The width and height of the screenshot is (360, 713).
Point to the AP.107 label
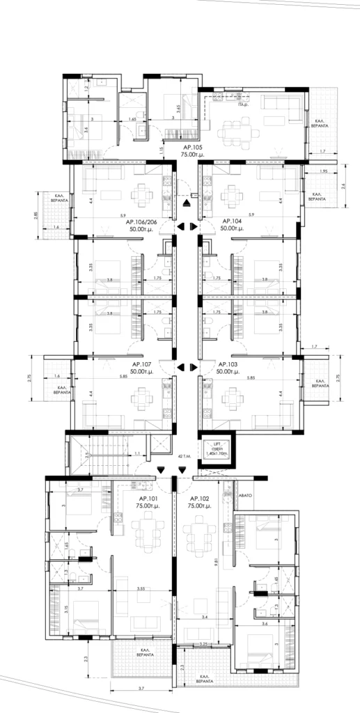click(142, 364)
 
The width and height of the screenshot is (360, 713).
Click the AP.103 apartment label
click(228, 364)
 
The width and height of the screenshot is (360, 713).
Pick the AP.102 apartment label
click(200, 499)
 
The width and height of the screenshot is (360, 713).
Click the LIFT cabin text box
click(217, 449)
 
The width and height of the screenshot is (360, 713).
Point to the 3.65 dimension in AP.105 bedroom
click(180, 109)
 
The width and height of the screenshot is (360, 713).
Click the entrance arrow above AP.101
click(162, 471)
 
